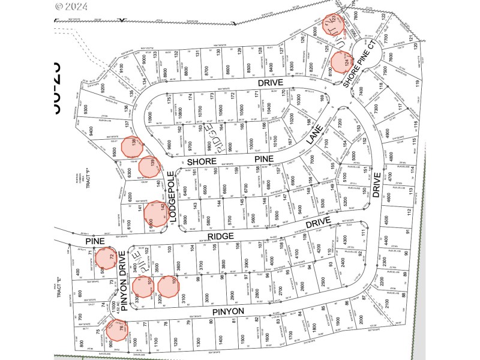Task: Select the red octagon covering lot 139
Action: (x=150, y=167)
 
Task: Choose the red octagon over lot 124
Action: (x=340, y=61)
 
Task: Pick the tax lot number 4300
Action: (x=344, y=238)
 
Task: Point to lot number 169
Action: (x=322, y=99)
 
